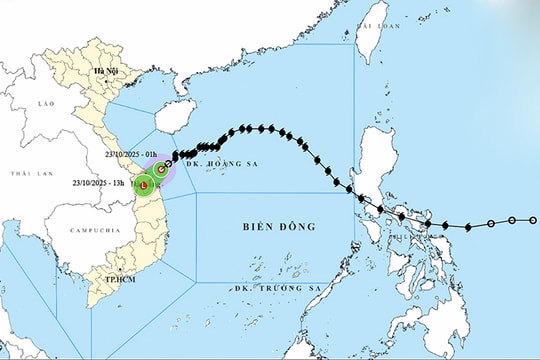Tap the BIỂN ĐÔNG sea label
coord(280,227)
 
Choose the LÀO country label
coord(43,103)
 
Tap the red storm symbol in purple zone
coord(162,170)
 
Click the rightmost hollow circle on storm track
coord(533,219)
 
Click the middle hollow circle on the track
coord(511,220)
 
